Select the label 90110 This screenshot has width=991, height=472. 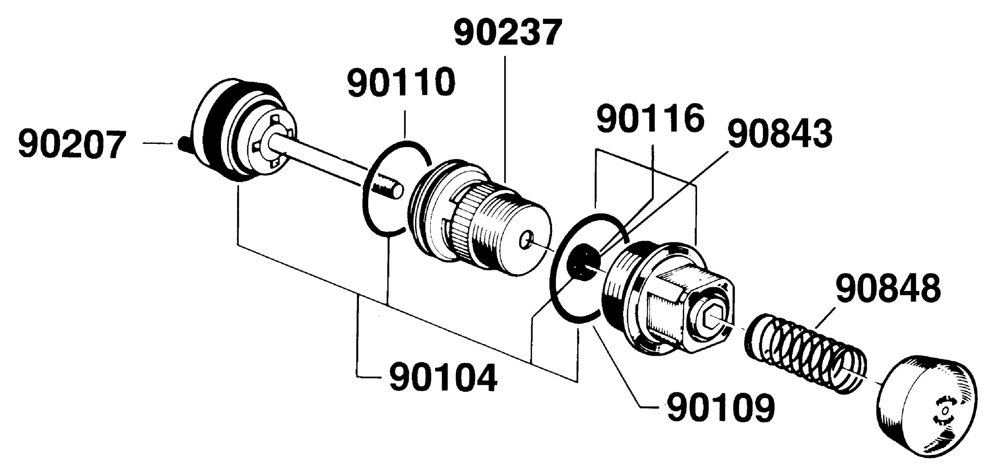click(x=401, y=82)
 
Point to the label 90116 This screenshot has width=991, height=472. click(x=650, y=118)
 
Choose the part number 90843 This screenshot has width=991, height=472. click(x=780, y=134)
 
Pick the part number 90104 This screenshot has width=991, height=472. click(x=443, y=377)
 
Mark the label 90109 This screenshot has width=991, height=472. click(x=721, y=408)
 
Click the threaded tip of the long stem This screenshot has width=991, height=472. click(x=387, y=188)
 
